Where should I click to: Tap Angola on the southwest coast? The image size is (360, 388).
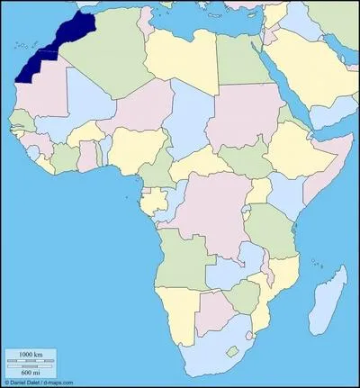(x=179, y=262)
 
